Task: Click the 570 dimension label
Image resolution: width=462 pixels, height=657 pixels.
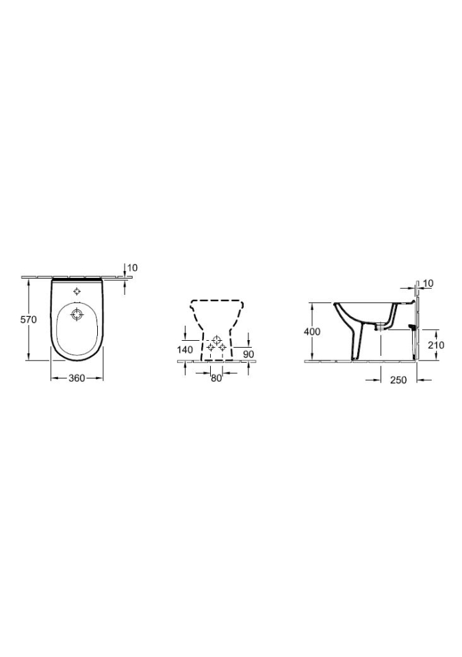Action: (29, 320)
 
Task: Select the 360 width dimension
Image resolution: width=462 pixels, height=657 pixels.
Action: (77, 378)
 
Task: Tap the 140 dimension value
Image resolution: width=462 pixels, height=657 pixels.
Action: (185, 350)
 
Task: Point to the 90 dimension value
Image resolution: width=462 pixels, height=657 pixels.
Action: (248, 354)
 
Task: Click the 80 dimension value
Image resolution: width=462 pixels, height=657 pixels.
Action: (216, 378)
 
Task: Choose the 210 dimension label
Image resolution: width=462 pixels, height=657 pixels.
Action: (436, 345)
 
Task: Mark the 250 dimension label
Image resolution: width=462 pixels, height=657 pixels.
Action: (398, 380)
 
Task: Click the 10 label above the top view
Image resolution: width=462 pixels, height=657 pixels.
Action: (133, 268)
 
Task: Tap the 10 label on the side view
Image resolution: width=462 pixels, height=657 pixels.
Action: (428, 283)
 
